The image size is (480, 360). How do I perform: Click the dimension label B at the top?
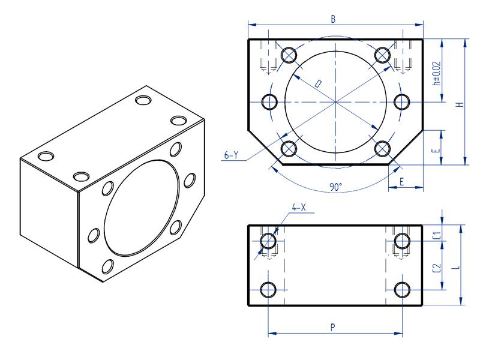coord(334,19)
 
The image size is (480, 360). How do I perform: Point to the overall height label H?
coord(459,104)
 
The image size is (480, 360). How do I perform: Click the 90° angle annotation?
coord(335,187)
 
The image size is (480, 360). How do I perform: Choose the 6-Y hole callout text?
coord(232,155)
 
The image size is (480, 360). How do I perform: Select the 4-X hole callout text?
coord(299,208)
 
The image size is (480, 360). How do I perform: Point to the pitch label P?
coord(333,327)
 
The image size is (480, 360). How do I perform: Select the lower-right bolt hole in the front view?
coord(382,148)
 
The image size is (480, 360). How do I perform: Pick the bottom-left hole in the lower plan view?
coord(268,290)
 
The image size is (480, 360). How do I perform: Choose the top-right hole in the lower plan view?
coord(402,241)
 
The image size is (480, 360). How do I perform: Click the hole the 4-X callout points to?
coord(268,241)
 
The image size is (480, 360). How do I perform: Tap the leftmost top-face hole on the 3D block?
coord(46,157)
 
